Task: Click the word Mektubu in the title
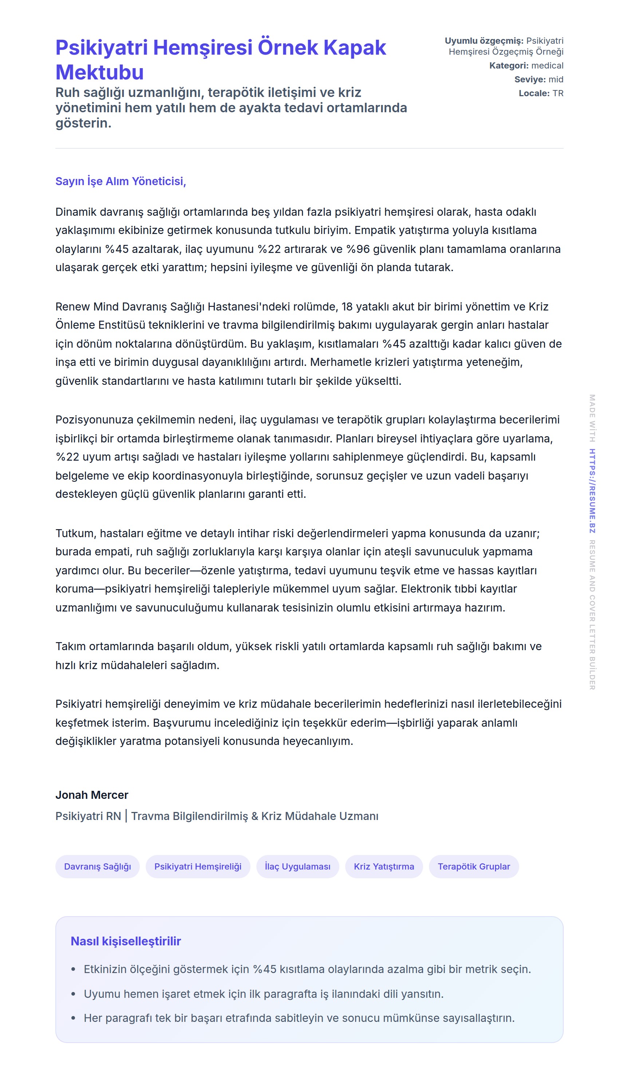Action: pyautogui.click(x=99, y=72)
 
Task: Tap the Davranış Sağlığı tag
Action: pyautogui.click(x=97, y=867)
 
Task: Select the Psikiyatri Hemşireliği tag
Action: pyautogui.click(x=198, y=867)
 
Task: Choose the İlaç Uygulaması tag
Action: pyautogui.click(x=297, y=867)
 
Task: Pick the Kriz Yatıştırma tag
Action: pyautogui.click(x=383, y=867)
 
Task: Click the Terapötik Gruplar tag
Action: pyautogui.click(x=474, y=867)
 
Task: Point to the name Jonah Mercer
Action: pyautogui.click(x=92, y=795)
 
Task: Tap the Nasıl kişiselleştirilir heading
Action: pyautogui.click(x=126, y=941)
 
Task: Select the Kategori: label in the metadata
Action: pyautogui.click(x=509, y=66)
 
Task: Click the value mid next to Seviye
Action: pyautogui.click(x=556, y=79)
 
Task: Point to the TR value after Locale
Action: pyautogui.click(x=558, y=93)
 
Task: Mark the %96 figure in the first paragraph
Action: pyautogui.click(x=358, y=249)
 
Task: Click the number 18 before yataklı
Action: pyautogui.click(x=347, y=307)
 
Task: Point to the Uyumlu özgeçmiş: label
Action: pyautogui.click(x=484, y=41)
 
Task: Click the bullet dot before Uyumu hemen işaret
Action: pyautogui.click(x=73, y=994)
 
